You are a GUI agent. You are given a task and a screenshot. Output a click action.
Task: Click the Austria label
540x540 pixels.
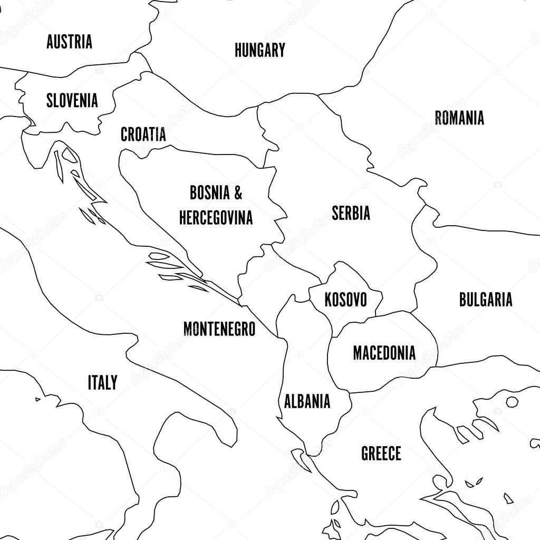[x=69, y=42]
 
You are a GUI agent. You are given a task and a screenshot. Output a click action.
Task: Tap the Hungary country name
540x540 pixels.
[x=259, y=50]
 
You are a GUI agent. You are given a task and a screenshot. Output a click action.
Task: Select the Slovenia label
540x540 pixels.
[x=72, y=100]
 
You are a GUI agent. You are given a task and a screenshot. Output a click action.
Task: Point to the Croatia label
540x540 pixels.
[x=143, y=134]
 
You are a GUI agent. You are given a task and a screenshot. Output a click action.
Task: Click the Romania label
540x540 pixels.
[x=459, y=118]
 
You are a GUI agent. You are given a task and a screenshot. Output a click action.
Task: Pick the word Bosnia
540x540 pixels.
[x=210, y=193]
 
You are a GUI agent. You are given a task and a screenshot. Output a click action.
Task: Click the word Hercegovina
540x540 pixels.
[x=216, y=217]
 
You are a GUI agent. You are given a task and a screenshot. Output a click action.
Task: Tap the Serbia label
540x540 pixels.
[x=351, y=213]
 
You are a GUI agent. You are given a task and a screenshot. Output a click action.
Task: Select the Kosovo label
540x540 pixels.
[x=345, y=300]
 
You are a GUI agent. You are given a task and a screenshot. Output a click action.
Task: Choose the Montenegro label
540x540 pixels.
[x=219, y=329]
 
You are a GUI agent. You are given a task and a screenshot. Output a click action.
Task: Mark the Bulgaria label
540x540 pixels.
[x=485, y=300]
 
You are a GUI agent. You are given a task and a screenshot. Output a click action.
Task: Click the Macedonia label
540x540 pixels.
[x=384, y=353]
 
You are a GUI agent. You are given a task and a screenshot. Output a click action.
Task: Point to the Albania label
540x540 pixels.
[x=307, y=401]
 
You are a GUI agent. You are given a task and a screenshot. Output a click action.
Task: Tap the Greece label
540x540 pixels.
[x=381, y=453]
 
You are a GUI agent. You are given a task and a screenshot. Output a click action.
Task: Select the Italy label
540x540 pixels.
[x=102, y=382]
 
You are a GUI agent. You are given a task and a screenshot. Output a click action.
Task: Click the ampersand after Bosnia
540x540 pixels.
[x=238, y=193]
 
